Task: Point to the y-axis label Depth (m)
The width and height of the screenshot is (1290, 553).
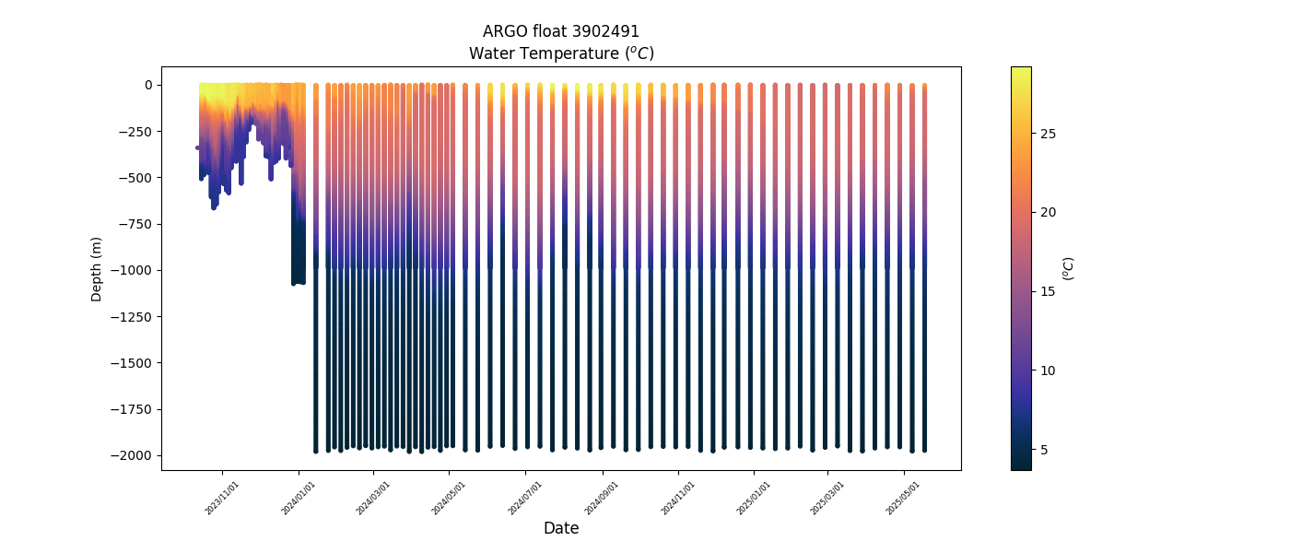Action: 97,268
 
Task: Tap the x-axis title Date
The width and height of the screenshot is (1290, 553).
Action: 561,528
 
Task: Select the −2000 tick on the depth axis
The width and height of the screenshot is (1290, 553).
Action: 134,455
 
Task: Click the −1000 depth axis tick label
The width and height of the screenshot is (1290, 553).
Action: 134,270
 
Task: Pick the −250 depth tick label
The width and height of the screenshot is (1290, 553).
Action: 136,131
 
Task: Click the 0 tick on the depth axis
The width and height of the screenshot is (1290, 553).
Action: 148,85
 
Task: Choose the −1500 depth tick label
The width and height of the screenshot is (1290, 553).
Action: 134,363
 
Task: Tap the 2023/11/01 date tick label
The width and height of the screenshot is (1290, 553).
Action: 223,498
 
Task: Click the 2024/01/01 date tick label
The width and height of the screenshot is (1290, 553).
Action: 299,498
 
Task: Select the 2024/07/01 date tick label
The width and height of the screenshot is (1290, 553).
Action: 526,498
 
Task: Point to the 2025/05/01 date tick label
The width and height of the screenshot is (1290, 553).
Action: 904,498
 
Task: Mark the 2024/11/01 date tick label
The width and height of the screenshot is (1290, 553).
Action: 678,498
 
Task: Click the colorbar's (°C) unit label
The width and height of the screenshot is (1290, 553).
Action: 1069,268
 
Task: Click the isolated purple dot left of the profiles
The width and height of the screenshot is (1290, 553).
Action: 197,147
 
